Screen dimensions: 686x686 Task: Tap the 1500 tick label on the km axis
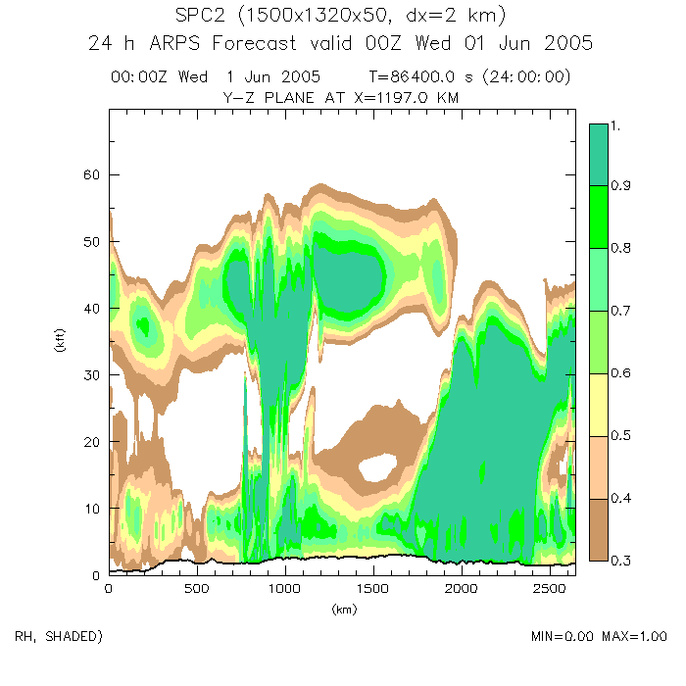461,589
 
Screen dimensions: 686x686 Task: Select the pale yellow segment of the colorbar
599,405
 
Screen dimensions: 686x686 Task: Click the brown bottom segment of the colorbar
599,530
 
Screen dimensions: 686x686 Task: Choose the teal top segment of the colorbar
599,155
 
